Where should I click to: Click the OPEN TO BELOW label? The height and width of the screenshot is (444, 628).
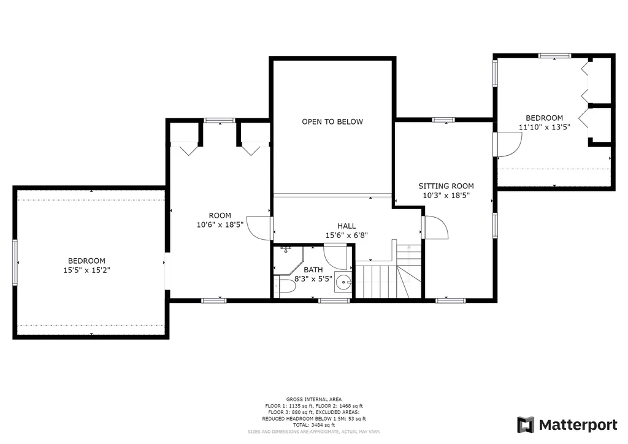tap(332, 121)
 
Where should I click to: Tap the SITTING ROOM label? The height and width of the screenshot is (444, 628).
tap(446, 186)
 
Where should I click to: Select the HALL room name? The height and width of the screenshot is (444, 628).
tap(347, 226)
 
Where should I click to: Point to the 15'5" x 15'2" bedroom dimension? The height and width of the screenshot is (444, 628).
tap(86, 270)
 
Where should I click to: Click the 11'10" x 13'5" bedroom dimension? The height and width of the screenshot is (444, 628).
tap(545, 128)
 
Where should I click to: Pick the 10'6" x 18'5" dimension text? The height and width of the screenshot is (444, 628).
tap(220, 224)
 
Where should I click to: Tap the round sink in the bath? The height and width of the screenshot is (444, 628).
tap(343, 283)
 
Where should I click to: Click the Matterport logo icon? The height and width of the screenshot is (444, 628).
tap(526, 425)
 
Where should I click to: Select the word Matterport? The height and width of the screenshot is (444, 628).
tap(578, 425)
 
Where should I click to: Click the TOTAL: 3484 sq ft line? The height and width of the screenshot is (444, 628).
tap(313, 425)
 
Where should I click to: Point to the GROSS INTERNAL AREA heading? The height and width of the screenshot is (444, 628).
tap(314, 399)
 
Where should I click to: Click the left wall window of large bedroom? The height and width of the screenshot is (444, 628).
tap(15, 262)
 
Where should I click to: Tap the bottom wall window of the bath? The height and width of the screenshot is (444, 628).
tap(334, 300)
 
